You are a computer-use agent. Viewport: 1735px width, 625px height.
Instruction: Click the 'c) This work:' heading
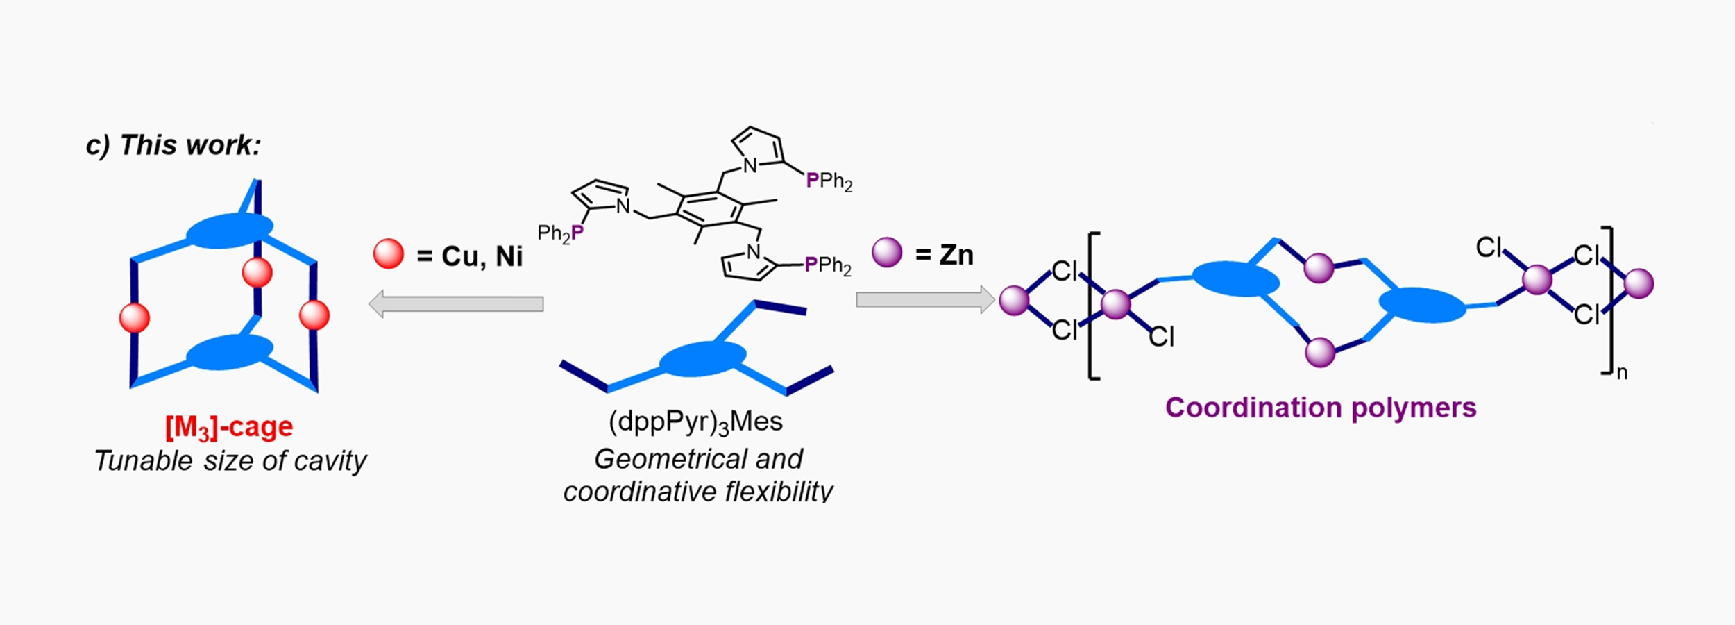click(173, 146)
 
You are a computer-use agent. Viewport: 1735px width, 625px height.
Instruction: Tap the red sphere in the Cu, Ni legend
click(388, 254)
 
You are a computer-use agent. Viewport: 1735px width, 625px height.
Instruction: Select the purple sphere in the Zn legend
click(887, 252)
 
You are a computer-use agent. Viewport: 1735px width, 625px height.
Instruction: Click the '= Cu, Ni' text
click(470, 256)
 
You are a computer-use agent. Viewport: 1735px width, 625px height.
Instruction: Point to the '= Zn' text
click(945, 255)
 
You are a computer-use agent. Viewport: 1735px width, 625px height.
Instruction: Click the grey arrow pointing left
click(455, 304)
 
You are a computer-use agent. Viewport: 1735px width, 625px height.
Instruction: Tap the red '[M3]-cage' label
click(229, 427)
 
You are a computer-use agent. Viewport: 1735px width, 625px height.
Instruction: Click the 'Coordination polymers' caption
click(1321, 408)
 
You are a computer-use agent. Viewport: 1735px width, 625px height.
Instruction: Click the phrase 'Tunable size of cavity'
click(230, 461)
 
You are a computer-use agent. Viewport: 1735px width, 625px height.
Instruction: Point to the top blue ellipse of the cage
click(230, 231)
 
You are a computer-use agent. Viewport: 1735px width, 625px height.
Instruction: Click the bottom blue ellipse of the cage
click(230, 352)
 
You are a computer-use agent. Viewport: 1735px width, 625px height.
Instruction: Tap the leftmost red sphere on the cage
click(135, 317)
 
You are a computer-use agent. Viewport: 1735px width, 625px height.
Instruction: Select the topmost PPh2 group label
click(829, 182)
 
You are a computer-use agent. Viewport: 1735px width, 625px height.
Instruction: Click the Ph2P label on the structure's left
click(561, 233)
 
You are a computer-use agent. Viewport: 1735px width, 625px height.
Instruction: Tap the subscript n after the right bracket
click(1622, 373)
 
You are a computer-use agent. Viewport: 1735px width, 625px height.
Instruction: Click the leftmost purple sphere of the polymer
click(1014, 301)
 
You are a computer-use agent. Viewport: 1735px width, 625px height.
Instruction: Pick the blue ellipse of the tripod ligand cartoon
click(702, 359)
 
